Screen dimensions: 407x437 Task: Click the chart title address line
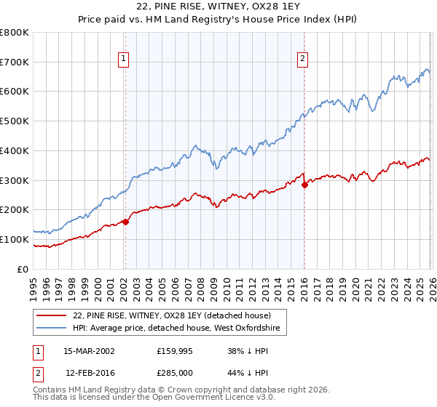coord(218,7)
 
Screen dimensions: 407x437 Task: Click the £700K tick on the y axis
coord(15,62)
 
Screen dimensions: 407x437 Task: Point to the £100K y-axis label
coord(15,239)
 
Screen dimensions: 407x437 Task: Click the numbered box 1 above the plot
coord(125,60)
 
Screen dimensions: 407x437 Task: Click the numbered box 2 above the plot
coord(303,60)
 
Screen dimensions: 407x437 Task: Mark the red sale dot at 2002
coord(125,222)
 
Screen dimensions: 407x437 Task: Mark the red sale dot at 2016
coord(304,185)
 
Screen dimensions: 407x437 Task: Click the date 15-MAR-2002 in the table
coord(89,350)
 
